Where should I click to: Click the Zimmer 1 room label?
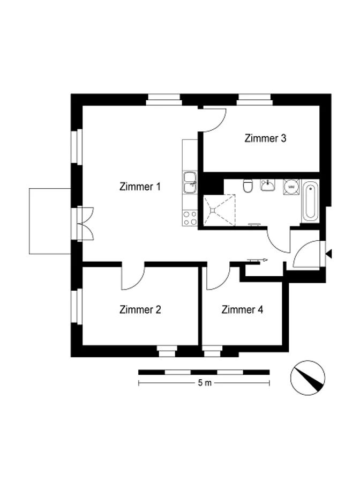pyautogui.click(x=140, y=187)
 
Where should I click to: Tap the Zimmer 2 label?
pyautogui.click(x=140, y=309)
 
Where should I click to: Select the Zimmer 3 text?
pyautogui.click(x=265, y=138)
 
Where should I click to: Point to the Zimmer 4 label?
pyautogui.click(x=242, y=309)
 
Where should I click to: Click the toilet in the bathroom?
pyautogui.click(x=248, y=186)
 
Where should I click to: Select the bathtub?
pyautogui.click(x=310, y=201)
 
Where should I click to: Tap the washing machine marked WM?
pyautogui.click(x=291, y=187)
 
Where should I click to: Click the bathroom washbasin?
pyautogui.click(x=267, y=185)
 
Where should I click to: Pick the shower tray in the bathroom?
pyautogui.click(x=219, y=210)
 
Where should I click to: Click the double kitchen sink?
pyautogui.click(x=190, y=183)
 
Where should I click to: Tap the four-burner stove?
pyautogui.click(x=190, y=218)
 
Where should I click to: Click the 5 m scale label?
pyautogui.click(x=205, y=383)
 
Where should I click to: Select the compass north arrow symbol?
pyautogui.click(x=308, y=378)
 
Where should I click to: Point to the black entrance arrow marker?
pyautogui.click(x=328, y=254)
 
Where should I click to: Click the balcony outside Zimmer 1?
pyautogui.click(x=50, y=221)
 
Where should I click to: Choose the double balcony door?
pyautogui.click(x=85, y=224)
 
